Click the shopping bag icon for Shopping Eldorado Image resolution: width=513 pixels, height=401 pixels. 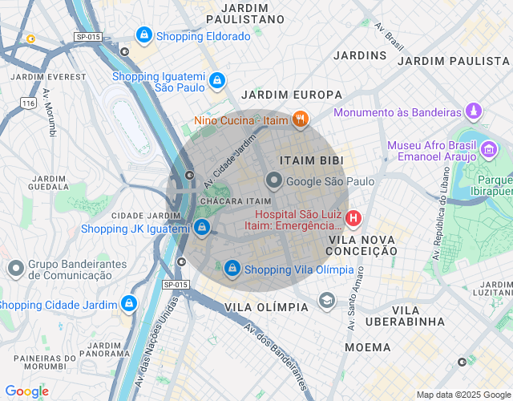pos(143,35)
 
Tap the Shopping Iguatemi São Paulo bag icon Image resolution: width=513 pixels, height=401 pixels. pos(217,80)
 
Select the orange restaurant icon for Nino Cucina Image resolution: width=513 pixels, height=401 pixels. pos(301,120)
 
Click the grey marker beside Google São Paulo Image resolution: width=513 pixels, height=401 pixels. pos(274,181)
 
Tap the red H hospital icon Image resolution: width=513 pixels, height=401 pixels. pos(353,218)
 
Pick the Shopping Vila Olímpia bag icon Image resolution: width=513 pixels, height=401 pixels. pos(232,268)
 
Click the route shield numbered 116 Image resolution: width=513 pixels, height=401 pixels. pos(29,103)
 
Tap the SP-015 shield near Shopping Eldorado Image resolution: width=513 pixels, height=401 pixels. pos(87,37)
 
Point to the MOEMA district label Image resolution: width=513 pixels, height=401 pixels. pos(368,347)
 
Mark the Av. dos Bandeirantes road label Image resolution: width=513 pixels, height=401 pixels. pos(277,353)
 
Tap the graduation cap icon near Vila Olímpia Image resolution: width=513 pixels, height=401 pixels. pos(326,301)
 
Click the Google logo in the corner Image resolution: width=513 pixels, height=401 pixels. pos(26,391)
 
